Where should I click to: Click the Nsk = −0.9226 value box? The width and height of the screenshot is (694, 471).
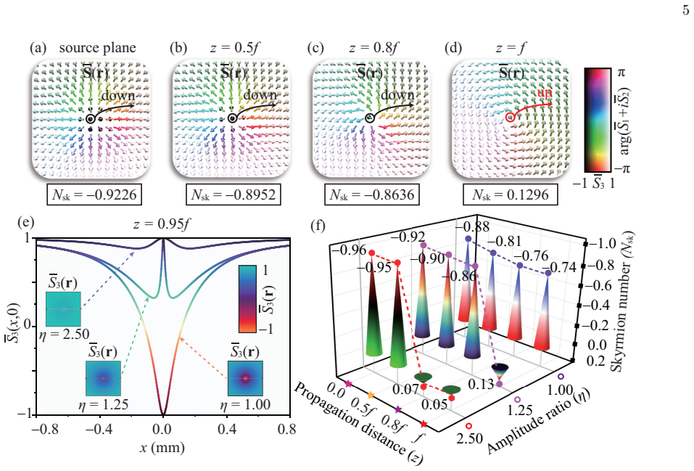point(94,194)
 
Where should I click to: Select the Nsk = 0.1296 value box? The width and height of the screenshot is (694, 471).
point(511,194)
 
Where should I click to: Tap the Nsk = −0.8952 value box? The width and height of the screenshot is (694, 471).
point(234,194)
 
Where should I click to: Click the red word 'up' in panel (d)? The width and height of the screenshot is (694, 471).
point(544,93)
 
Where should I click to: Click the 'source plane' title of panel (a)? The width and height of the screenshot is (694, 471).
point(97,48)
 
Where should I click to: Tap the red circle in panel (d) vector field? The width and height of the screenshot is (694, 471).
point(510,118)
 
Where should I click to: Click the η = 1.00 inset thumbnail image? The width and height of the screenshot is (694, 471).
point(245,378)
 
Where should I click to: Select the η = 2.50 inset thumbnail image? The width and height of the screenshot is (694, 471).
point(63,309)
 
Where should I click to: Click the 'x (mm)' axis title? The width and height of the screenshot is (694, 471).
point(162,448)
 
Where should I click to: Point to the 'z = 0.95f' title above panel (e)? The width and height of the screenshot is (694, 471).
point(162,224)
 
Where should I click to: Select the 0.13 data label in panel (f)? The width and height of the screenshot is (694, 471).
point(480,385)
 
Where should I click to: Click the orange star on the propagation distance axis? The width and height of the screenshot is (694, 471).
point(371,395)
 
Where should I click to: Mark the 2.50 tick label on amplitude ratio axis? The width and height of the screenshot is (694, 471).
point(470,438)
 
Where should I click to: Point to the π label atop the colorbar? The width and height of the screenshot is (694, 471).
point(622,72)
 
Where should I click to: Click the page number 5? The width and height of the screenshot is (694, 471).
point(686,9)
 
